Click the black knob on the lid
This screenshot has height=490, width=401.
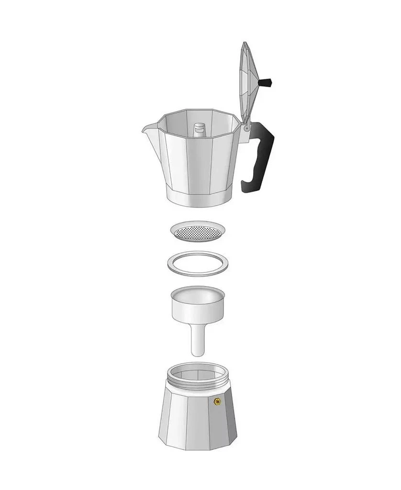click(x=265, y=83)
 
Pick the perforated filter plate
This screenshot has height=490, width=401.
click(x=198, y=232)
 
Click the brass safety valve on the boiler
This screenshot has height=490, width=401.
click(x=217, y=401)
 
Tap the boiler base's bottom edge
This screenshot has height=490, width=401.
click(x=198, y=449)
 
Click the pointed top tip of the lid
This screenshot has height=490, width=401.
click(x=245, y=44)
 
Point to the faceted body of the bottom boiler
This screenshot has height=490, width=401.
click(x=191, y=421)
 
